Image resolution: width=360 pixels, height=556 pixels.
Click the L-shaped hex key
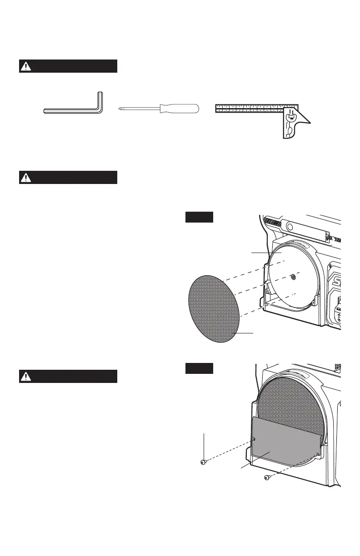point(73,110)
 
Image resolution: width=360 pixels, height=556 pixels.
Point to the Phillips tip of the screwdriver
point(120,109)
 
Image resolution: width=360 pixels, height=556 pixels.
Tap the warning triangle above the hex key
point(26,66)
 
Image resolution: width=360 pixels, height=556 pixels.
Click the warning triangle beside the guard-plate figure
point(26,376)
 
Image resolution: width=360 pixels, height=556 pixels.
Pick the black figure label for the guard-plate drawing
point(199,368)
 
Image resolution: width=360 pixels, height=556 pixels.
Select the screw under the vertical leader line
point(204,462)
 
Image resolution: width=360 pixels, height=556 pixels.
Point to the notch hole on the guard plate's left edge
point(255,439)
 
